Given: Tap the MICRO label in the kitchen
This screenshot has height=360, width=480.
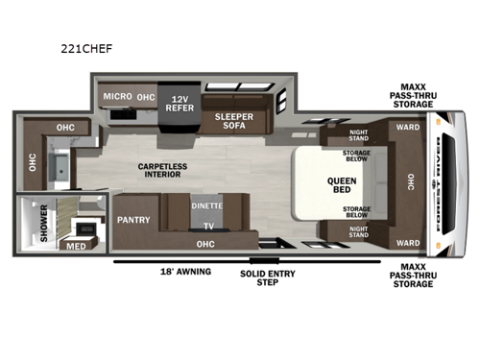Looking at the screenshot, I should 118,97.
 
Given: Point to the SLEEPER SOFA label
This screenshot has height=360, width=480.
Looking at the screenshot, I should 229,120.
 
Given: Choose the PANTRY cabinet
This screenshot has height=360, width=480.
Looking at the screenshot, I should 132,219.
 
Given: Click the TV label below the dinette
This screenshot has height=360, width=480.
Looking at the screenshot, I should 205,228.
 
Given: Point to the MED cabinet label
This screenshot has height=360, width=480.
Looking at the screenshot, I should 75,245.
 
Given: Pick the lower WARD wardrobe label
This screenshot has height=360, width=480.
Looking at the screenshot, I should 407,242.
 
